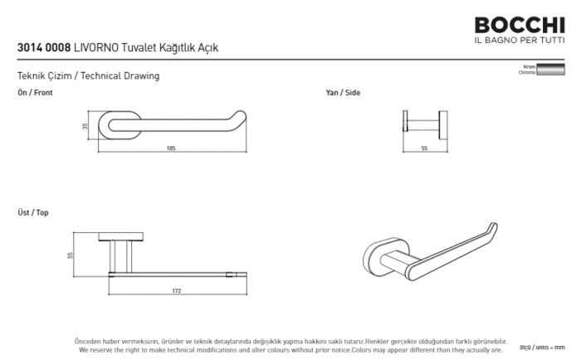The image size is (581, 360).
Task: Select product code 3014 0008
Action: (x=43, y=49)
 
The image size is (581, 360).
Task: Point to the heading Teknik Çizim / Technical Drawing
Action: (x=88, y=76)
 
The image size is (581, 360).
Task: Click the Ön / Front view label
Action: (x=35, y=93)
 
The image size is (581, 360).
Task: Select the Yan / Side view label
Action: (x=343, y=93)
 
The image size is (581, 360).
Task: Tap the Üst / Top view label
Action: (x=33, y=213)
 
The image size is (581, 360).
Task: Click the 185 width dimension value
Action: (x=171, y=148)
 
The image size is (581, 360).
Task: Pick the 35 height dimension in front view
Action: (x=85, y=126)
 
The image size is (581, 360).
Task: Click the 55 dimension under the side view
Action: (x=424, y=148)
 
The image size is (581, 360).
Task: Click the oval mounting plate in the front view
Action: (x=116, y=126)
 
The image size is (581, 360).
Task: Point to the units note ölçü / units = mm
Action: (x=548, y=347)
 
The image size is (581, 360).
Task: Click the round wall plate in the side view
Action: (x=406, y=126)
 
